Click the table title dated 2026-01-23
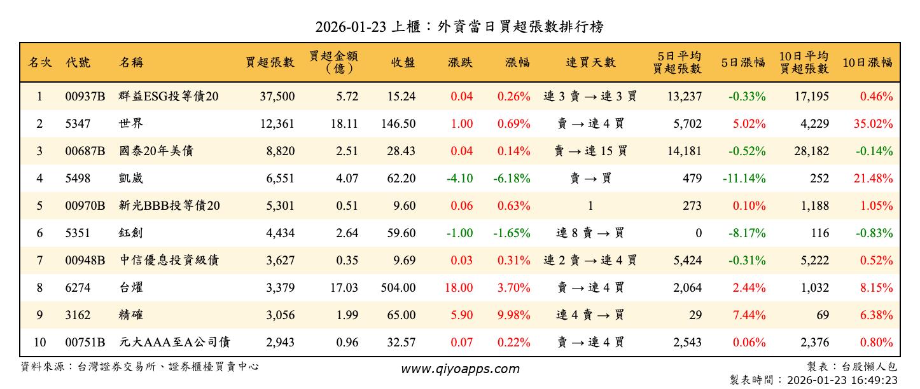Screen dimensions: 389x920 (x=459, y=27)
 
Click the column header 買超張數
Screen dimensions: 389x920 (x=270, y=62)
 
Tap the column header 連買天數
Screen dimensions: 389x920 (x=590, y=62)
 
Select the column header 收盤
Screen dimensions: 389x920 (x=403, y=62)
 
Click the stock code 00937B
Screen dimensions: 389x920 (x=85, y=97)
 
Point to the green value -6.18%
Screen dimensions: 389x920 (x=512, y=179)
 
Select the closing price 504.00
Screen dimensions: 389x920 (x=398, y=288)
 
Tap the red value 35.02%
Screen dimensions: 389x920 (x=876, y=124)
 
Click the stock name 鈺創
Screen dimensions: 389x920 (x=131, y=233)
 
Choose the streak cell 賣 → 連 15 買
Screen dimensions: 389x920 (x=590, y=151)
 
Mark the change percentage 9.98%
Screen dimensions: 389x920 (x=514, y=315)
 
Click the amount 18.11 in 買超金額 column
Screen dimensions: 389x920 (x=344, y=124)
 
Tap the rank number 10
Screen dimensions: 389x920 (x=39, y=343)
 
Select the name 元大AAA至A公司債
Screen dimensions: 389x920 (x=174, y=343)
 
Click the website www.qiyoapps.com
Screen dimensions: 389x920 (x=459, y=369)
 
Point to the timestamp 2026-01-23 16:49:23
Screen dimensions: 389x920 (x=842, y=380)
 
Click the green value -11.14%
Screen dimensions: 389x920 (x=744, y=179)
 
